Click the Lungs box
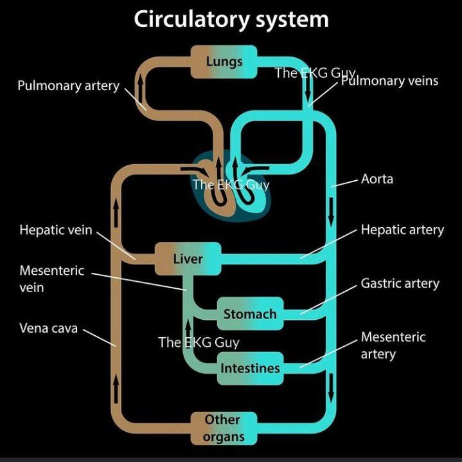(x=224, y=62)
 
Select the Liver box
(x=188, y=259)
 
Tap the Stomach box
(x=250, y=314)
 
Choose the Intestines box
(x=250, y=369)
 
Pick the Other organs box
(x=224, y=429)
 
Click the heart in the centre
(x=230, y=187)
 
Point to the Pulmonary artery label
(x=68, y=86)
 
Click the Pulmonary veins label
(x=389, y=80)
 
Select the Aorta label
(x=377, y=179)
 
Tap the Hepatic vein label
(x=56, y=230)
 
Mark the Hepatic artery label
(x=402, y=230)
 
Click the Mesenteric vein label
(x=51, y=279)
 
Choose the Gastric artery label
(x=400, y=283)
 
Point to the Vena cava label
(x=48, y=328)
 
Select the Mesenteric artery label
(x=393, y=346)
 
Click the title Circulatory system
(x=231, y=19)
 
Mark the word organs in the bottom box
(x=224, y=438)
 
